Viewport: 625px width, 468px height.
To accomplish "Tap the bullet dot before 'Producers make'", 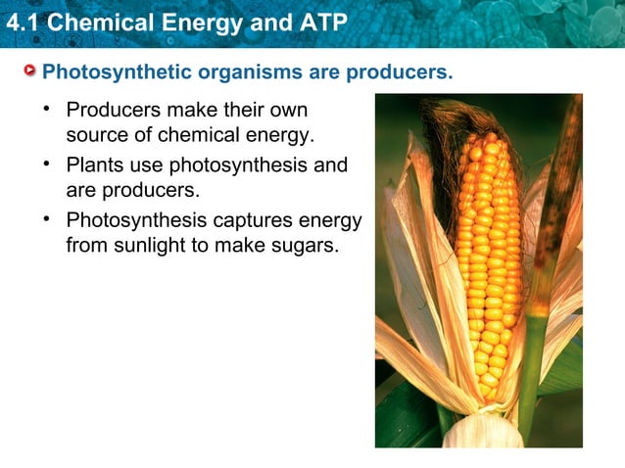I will (x=45, y=106).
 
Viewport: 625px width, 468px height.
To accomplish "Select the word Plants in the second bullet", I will (x=94, y=164).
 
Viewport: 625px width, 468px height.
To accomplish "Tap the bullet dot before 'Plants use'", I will (x=45, y=162).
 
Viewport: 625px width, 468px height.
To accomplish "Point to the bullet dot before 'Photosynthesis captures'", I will (x=45, y=217).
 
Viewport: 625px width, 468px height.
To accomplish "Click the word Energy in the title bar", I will (x=214, y=22).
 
